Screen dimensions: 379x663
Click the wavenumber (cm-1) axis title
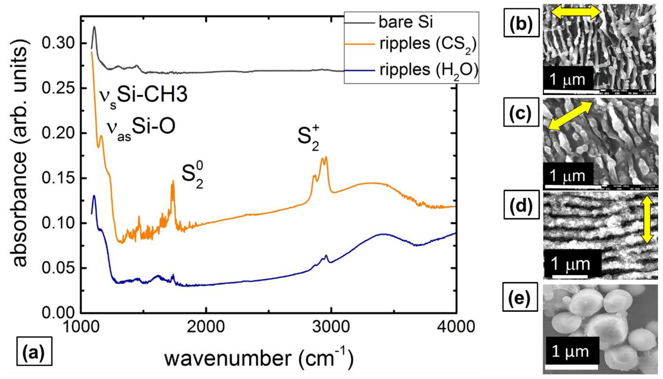pos(259,358)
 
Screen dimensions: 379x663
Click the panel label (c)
pos(521,112)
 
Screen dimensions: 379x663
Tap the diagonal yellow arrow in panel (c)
pos(570,115)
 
